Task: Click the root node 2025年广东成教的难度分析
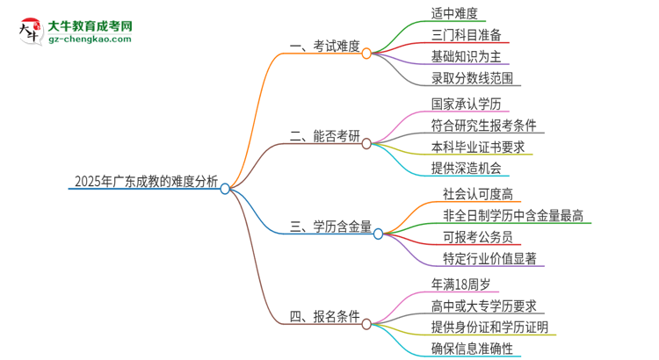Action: click(x=145, y=183)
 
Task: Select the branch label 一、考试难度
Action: click(x=323, y=47)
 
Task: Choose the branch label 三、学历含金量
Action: click(x=330, y=228)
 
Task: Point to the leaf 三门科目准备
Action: click(x=467, y=35)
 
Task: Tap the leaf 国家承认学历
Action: click(x=467, y=104)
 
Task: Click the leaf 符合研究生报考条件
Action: click(x=484, y=125)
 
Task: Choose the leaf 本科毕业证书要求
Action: click(x=478, y=147)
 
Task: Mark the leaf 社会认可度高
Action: click(x=479, y=192)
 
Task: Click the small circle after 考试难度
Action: click(x=367, y=53)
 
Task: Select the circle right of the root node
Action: click(x=226, y=188)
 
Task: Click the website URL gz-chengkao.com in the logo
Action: click(x=91, y=40)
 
